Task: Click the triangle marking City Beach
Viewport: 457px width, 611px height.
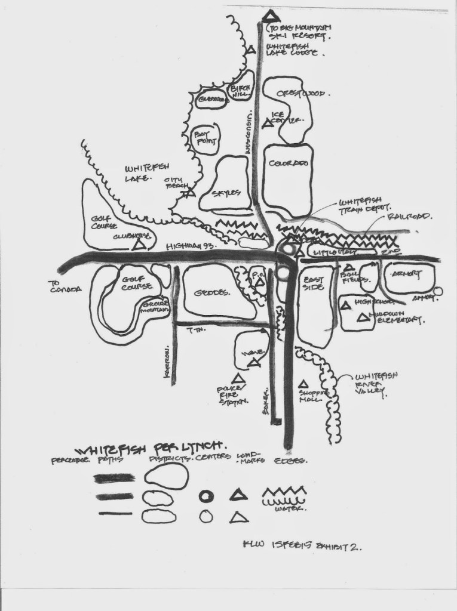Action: tap(190, 193)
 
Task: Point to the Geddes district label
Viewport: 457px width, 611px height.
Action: tap(213, 292)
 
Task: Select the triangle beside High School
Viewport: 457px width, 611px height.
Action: tap(345, 305)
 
